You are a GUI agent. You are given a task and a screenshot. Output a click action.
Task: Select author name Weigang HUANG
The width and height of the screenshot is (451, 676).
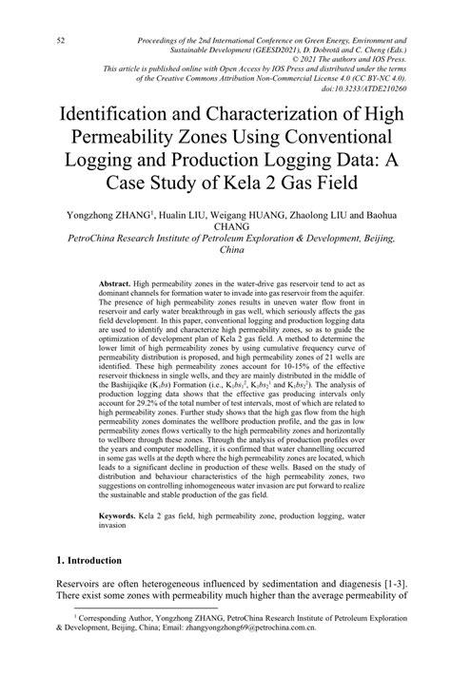click(252, 215)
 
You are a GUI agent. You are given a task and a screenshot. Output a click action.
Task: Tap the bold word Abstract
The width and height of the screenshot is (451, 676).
click(114, 283)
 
